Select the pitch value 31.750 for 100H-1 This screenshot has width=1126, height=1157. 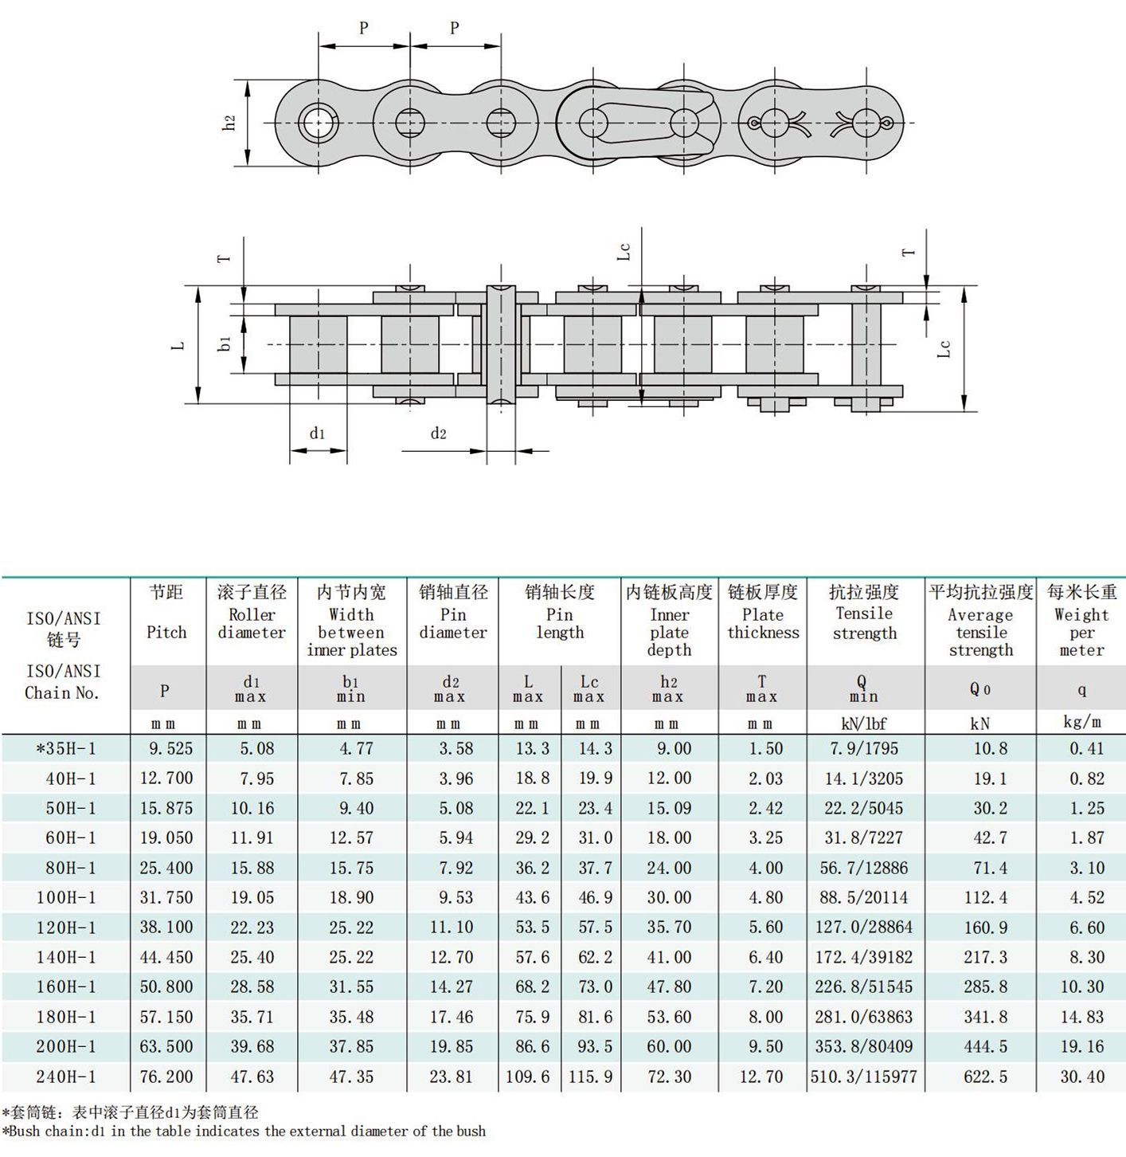(166, 897)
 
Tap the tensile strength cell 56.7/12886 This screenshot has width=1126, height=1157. (864, 868)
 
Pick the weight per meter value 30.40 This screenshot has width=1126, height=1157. (1081, 1077)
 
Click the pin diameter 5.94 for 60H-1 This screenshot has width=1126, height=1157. (455, 837)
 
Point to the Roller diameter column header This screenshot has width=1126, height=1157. (252, 623)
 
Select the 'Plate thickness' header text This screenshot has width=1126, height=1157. (763, 623)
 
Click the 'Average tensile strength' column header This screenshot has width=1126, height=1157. (981, 632)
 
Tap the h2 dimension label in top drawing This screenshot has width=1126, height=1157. (229, 123)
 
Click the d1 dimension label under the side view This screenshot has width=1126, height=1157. (317, 433)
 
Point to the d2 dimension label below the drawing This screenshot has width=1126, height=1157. (439, 433)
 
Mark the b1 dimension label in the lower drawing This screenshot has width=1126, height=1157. (225, 343)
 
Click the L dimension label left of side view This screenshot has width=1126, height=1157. (178, 345)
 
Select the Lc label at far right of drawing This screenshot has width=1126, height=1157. (944, 349)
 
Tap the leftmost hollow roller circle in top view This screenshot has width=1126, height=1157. (318, 124)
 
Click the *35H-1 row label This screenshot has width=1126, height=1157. (66, 748)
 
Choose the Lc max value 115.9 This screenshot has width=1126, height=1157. (590, 1077)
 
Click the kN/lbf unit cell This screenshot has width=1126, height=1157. (864, 724)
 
